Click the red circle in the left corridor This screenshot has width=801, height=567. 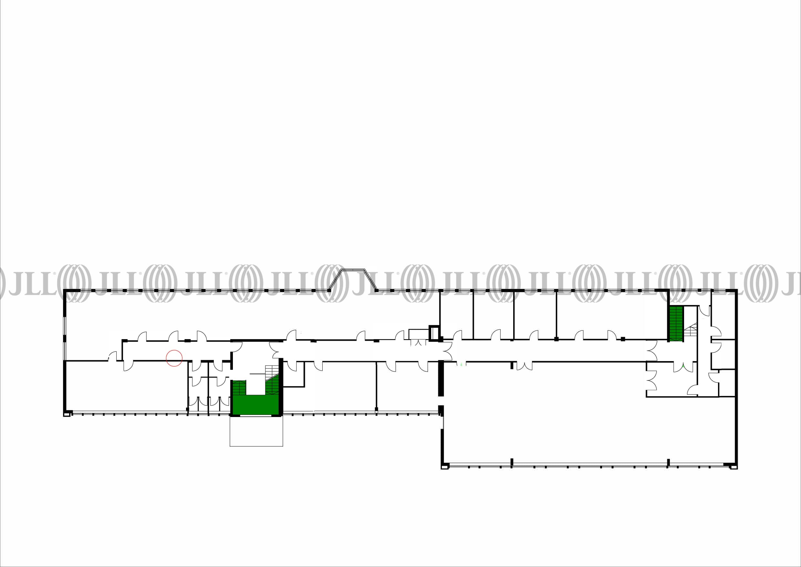[x=174, y=358]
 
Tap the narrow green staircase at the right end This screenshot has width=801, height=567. [x=676, y=324]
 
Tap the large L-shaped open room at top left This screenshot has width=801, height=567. [x=209, y=314]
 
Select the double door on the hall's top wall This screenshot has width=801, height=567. [x=524, y=366]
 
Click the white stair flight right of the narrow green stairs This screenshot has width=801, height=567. [x=691, y=330]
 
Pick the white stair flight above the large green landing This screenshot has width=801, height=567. [x=271, y=372]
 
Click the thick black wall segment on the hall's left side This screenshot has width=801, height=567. [x=441, y=379]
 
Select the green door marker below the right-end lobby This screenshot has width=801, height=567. [x=683, y=365]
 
